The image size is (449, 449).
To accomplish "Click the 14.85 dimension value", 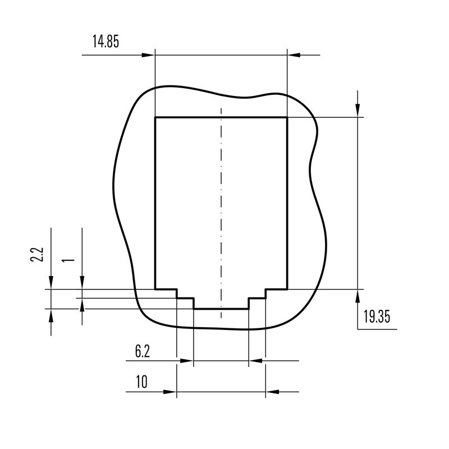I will coord(105,42).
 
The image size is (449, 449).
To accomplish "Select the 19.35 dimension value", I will coord(376,317).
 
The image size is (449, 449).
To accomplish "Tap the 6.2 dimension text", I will coord(143,352).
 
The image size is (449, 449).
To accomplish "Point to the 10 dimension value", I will coord(141,383).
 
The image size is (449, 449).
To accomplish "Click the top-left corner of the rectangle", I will coord(155,117).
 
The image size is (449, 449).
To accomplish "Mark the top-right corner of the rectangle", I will coord(287,117).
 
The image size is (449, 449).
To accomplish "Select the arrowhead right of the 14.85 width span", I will coord(294,55).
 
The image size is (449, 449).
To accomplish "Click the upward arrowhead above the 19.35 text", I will coord(358,296).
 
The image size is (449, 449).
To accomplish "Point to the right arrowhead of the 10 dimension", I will coord(272,392).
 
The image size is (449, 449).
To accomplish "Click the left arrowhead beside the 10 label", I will coord(170,392).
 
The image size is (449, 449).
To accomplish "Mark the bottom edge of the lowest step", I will coord(221,308).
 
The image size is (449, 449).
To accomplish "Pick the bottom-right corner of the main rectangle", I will coord(287,290).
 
